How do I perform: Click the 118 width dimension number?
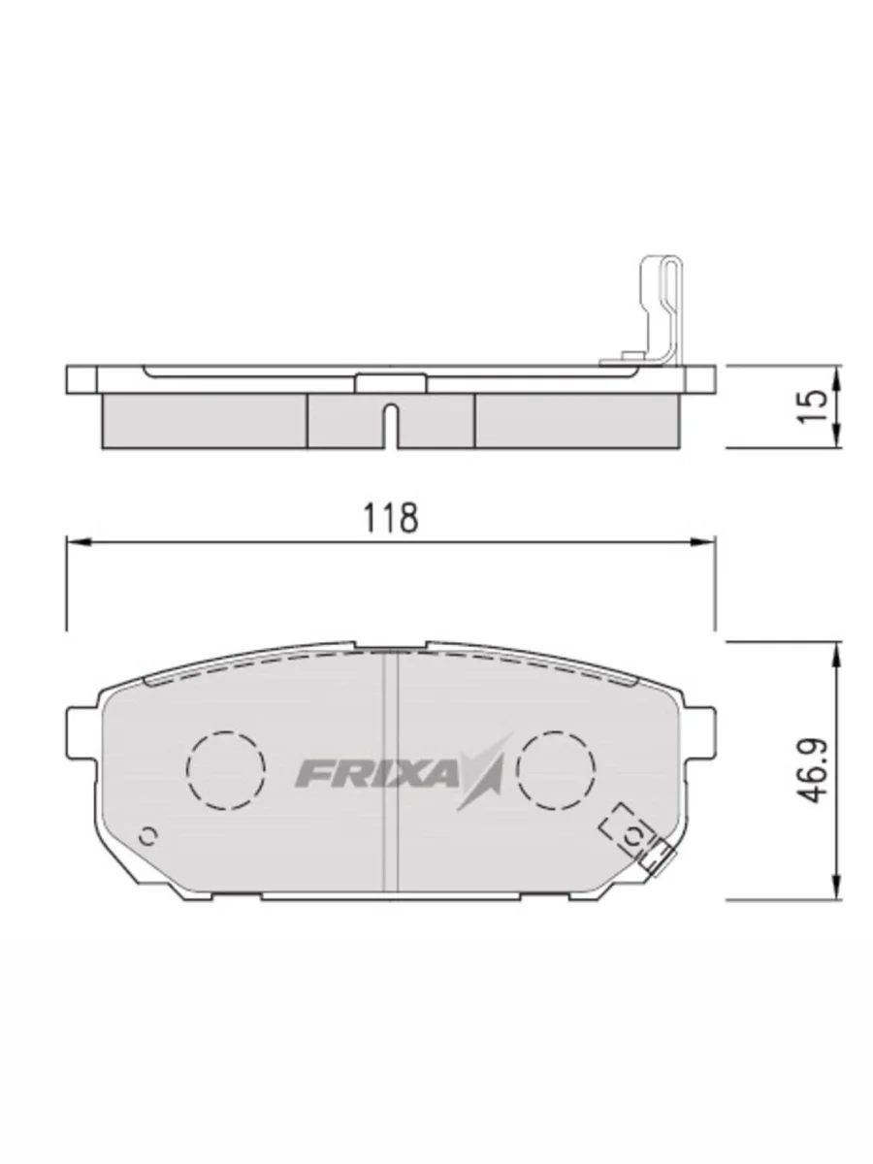(x=391, y=517)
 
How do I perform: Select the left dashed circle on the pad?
(x=225, y=769)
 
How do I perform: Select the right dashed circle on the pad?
(x=556, y=769)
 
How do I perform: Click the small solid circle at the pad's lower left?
(x=148, y=835)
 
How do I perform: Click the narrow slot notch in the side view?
(x=390, y=424)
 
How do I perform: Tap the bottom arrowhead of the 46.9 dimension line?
(x=836, y=889)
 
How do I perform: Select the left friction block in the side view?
(x=204, y=419)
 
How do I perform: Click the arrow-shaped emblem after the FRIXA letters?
(x=487, y=771)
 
